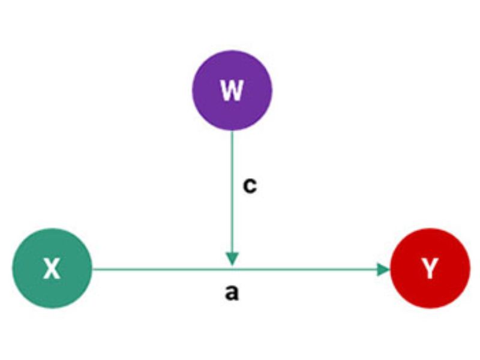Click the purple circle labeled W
232,90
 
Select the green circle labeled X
52,269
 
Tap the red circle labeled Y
430,269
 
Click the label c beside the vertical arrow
250,185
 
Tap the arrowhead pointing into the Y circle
384,269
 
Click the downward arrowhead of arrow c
232,258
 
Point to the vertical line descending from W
232,180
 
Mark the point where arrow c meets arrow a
232,268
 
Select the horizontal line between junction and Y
306,269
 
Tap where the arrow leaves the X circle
92,269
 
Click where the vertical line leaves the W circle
232,130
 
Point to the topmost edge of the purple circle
232,50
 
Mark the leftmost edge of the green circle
13,269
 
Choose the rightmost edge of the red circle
469,269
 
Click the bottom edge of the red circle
430,308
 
